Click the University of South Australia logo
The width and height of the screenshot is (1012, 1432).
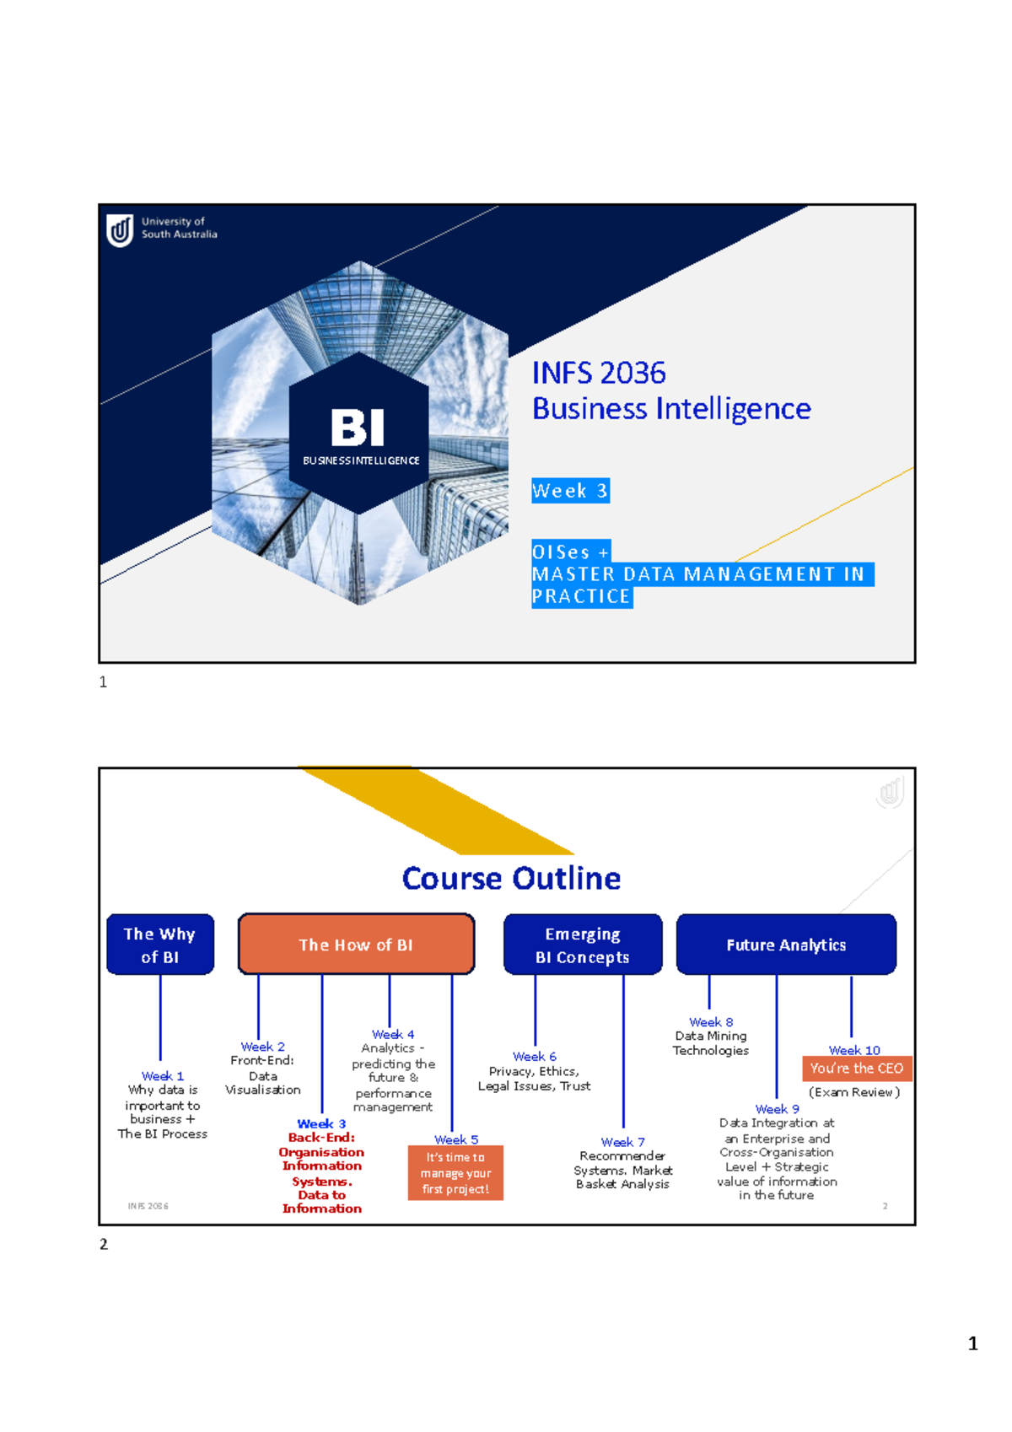pyautogui.click(x=121, y=229)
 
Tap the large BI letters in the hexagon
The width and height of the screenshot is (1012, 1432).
pyautogui.click(x=358, y=428)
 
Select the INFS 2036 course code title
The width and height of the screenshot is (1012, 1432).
pyautogui.click(x=599, y=373)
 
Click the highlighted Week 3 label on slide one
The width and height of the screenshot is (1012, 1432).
pyautogui.click(x=570, y=491)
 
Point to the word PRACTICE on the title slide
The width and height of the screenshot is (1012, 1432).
pyautogui.click(x=581, y=596)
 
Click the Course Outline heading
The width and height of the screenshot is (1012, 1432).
pyautogui.click(x=511, y=879)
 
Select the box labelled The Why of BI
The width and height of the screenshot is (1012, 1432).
pyautogui.click(x=160, y=945)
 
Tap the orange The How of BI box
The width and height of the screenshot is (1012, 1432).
pyautogui.click(x=356, y=945)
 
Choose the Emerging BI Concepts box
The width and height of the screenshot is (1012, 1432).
pyautogui.click(x=583, y=945)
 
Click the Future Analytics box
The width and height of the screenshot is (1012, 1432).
pyautogui.click(x=786, y=945)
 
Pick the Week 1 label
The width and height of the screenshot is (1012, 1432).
pyautogui.click(x=163, y=1076)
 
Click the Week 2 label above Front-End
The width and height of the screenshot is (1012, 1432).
pyautogui.click(x=263, y=1047)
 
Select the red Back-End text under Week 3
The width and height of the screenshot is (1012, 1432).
pyautogui.click(x=321, y=1138)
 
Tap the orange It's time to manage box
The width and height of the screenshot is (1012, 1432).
pyautogui.click(x=455, y=1173)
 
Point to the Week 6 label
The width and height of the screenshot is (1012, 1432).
pyautogui.click(x=535, y=1057)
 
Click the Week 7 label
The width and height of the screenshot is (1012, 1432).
pyautogui.click(x=623, y=1142)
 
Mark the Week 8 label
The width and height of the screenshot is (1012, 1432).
pyautogui.click(x=711, y=1022)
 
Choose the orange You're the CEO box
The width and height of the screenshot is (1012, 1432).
pyautogui.click(x=857, y=1069)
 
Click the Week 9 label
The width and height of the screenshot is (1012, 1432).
pyautogui.click(x=778, y=1109)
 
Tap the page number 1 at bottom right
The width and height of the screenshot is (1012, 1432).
pyautogui.click(x=973, y=1343)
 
